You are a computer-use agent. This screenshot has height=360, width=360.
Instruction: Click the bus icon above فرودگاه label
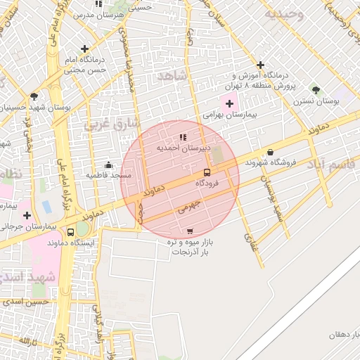[x=207, y=172]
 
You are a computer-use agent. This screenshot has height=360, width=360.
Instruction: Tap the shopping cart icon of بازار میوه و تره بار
[x=190, y=231]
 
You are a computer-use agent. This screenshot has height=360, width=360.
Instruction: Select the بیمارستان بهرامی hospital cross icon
[x=229, y=103]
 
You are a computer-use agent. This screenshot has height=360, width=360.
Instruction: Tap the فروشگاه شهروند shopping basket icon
[x=270, y=153]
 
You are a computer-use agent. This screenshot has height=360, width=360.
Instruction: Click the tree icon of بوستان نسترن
[x=316, y=90]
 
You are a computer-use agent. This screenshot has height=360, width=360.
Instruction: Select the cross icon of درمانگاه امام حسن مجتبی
[x=85, y=49]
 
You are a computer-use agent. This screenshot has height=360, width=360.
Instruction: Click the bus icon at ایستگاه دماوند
[x=70, y=232]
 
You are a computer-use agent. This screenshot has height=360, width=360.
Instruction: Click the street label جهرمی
[x=189, y=207]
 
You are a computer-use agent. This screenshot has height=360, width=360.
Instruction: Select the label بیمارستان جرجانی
[x=28, y=227]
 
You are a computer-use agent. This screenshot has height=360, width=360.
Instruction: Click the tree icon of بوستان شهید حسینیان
[x=34, y=96]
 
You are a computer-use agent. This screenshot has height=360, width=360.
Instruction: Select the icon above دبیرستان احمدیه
[x=183, y=137]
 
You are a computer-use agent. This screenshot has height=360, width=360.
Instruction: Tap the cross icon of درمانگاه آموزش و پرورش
[x=261, y=65]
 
